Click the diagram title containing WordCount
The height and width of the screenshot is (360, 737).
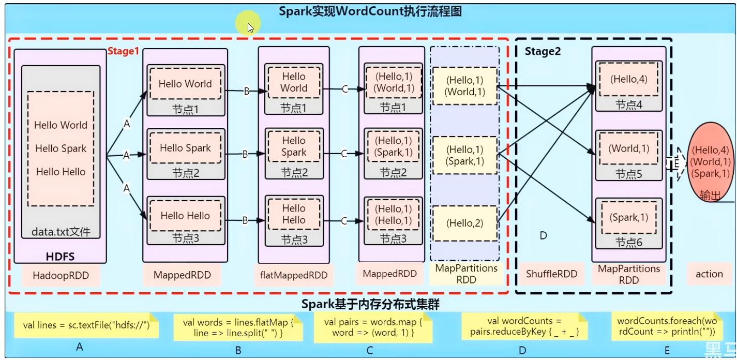pos(370,11)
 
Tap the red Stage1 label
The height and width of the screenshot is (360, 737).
pos(123,51)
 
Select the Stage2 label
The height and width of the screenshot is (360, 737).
pos(543,51)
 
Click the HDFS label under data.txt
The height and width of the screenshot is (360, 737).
pos(61,257)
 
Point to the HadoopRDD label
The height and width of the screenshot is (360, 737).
pos(61,275)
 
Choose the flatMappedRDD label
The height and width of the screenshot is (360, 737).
pos(293,275)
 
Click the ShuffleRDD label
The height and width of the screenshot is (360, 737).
pos(551,274)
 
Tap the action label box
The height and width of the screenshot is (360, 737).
pos(709,274)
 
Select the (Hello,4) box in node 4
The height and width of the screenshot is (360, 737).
pos(628,79)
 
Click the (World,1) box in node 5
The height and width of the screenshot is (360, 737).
pos(628,148)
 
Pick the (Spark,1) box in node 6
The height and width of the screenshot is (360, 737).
pos(628,218)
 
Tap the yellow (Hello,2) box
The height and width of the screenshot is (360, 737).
pos(464,223)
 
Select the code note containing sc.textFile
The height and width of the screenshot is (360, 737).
pos(86,325)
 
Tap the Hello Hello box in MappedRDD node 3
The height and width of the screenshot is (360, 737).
pos(185,216)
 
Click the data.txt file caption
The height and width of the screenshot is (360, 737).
pos(61,232)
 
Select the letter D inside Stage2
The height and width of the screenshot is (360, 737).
pos(543,236)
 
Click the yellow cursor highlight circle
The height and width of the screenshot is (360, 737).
pos(248,24)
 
